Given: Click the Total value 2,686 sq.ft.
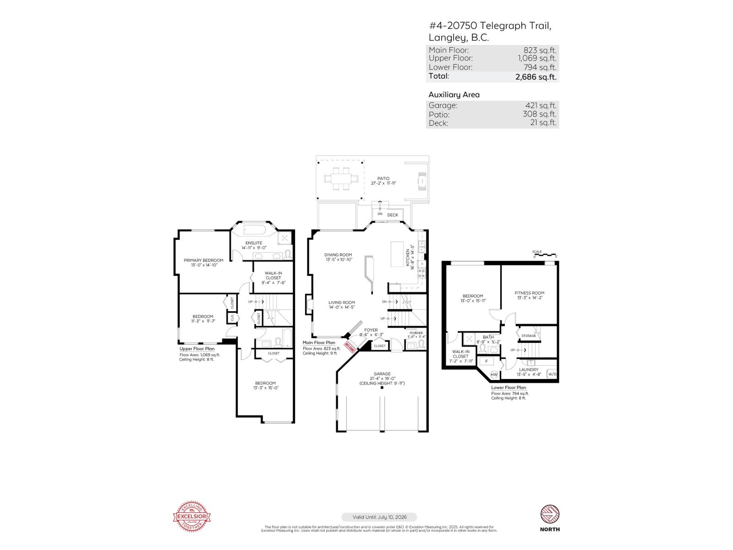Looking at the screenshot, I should point(536,77).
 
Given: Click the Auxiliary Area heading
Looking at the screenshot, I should point(454,94).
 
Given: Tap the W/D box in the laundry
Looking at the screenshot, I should point(552,374).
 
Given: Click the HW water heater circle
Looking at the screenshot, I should point(494,374).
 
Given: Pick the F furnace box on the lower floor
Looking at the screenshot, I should point(486,361).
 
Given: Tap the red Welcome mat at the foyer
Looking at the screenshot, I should point(350,346).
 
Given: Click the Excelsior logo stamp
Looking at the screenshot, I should point(192,517).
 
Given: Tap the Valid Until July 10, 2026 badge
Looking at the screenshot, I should point(379,517).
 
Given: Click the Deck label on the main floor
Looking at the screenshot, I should point(393,215).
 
